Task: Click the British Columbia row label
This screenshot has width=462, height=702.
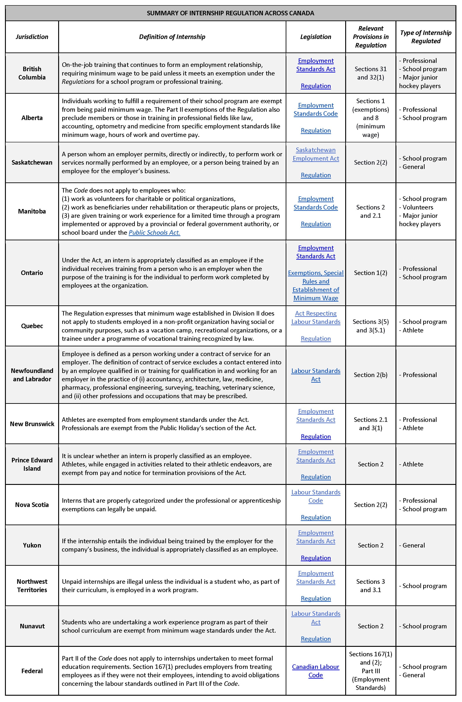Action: (x=32, y=73)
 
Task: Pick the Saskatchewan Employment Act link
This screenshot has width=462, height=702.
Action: (x=316, y=154)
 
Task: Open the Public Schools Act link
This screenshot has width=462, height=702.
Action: (x=154, y=232)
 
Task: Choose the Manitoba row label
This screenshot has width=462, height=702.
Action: (x=32, y=211)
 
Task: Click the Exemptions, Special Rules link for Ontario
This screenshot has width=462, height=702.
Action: (x=316, y=285)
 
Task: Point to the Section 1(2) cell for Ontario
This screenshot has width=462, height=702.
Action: (x=370, y=273)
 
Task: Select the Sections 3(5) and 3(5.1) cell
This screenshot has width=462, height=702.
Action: (x=370, y=326)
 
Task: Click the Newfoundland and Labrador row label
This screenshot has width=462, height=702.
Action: (x=32, y=375)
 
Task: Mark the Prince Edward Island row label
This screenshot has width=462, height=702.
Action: (x=32, y=464)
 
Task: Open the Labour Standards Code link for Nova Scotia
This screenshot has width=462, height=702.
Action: (x=316, y=496)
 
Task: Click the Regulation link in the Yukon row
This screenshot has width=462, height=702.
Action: (x=316, y=558)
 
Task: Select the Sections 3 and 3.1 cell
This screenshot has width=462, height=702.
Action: (x=370, y=586)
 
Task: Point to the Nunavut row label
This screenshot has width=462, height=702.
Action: (x=32, y=626)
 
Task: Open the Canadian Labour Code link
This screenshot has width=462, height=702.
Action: (x=316, y=671)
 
